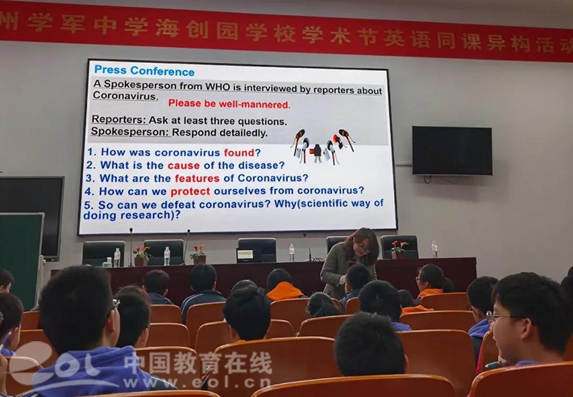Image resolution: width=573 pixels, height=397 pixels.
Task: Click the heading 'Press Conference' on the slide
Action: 145,70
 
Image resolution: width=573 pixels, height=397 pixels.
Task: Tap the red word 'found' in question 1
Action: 239,153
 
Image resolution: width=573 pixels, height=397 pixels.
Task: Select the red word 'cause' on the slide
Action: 183,166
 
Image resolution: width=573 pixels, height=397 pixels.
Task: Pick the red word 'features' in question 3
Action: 197,178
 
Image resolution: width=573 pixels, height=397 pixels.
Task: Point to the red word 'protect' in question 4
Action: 190,191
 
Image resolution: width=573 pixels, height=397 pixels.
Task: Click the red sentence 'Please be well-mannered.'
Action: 229,104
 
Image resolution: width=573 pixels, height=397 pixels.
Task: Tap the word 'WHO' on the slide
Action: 218,87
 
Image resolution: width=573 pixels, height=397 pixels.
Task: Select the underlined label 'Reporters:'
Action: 119,120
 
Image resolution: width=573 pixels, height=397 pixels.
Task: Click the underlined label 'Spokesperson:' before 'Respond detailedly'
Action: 130,131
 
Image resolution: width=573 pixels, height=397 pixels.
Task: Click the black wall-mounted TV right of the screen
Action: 452,150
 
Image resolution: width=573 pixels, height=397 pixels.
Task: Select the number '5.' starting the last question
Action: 88,205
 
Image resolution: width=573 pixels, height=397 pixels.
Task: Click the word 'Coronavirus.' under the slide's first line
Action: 125,96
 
